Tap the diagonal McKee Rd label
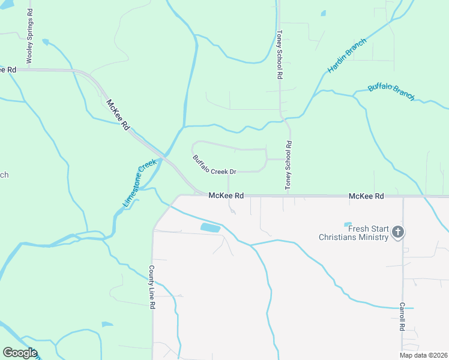[x=118, y=114]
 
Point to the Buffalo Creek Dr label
[x=214, y=166]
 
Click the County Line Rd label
[x=152, y=287]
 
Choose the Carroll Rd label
[x=403, y=316]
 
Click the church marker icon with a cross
[x=398, y=232]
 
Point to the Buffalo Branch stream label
[x=391, y=91]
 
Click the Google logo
[x=20, y=353]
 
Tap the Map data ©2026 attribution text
[x=423, y=355]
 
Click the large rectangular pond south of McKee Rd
[x=210, y=227]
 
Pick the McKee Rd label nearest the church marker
[x=366, y=196]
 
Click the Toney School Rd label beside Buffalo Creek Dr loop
[x=288, y=166]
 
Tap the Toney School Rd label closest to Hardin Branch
[x=279, y=55]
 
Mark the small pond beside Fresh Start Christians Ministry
[x=347, y=225]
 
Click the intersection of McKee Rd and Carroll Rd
[x=403, y=196]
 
